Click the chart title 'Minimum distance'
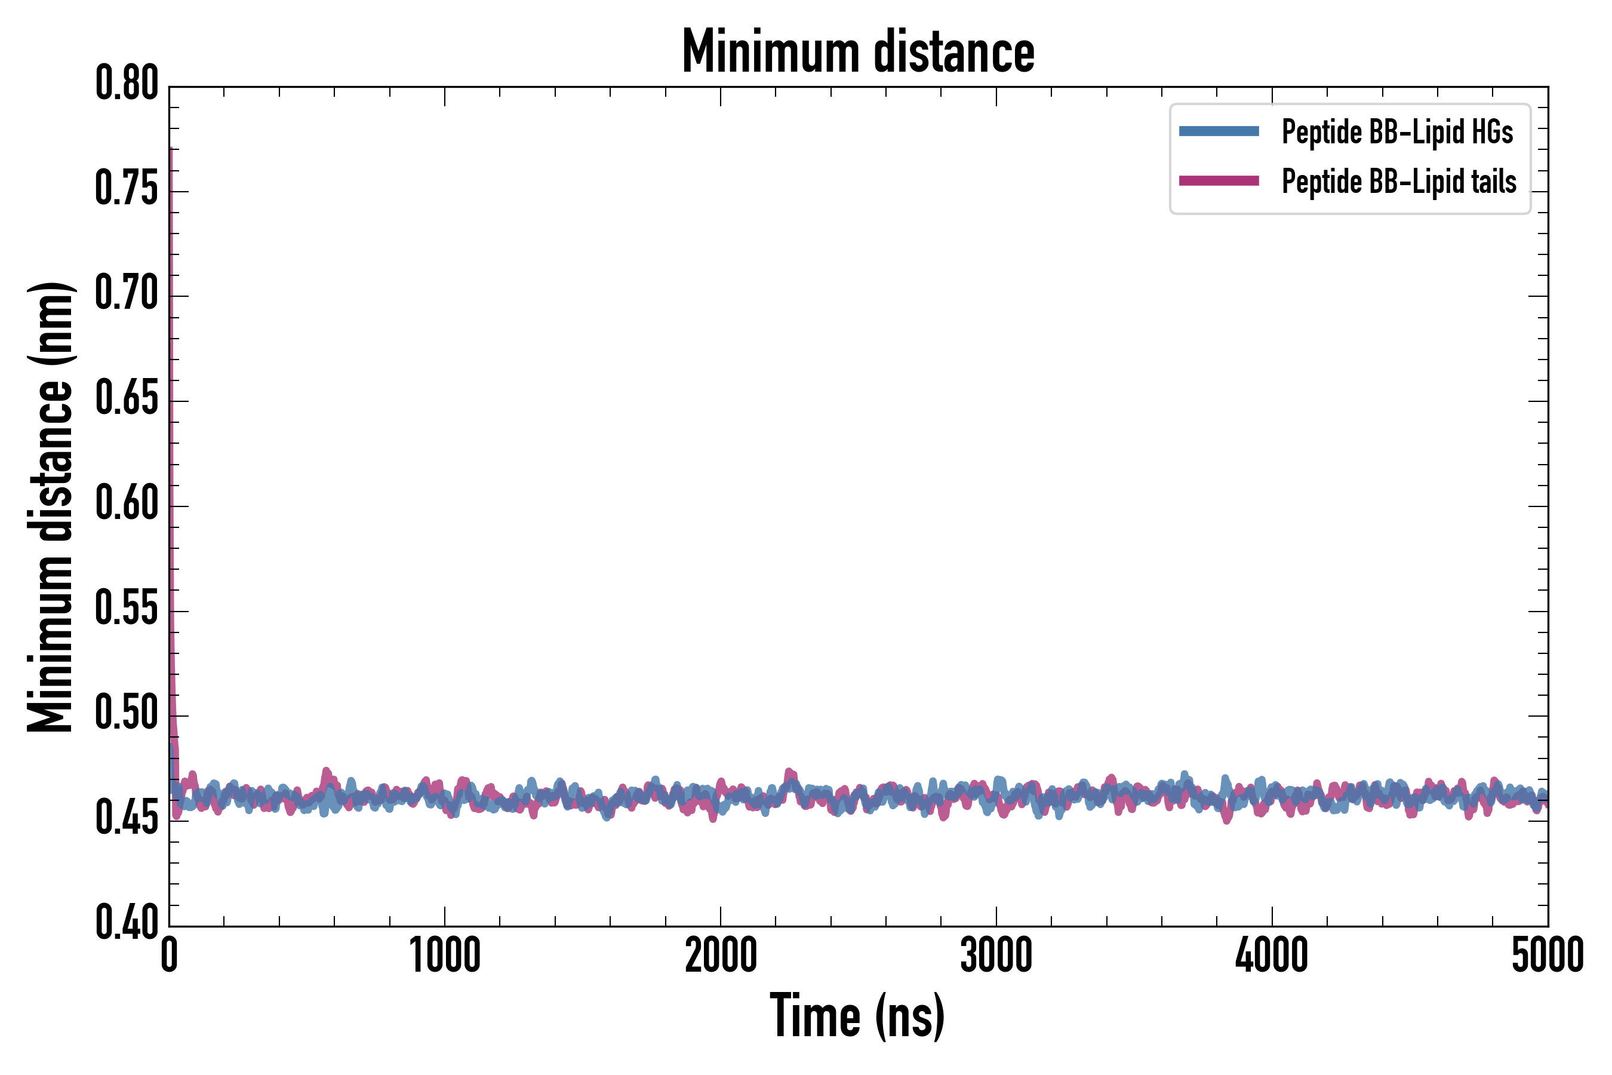[857, 52]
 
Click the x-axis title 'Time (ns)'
[857, 1016]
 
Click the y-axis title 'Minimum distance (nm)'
[50, 506]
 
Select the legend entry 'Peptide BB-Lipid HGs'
[1397, 131]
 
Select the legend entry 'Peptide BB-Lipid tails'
[1399, 182]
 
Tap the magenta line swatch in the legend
[1219, 181]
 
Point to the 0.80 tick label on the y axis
[127, 84]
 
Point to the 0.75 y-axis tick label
[127, 189]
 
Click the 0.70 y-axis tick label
[127, 293]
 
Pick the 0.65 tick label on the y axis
[127, 398]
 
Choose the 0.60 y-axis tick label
[127, 503]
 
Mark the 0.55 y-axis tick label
[127, 608]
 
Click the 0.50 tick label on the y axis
[127, 713]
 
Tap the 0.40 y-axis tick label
[127, 923]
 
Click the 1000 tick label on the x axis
[445, 955]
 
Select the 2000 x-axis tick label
[721, 955]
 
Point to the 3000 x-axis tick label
[996, 955]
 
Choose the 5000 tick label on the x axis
[1547, 955]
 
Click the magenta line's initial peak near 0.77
[170, 150]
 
